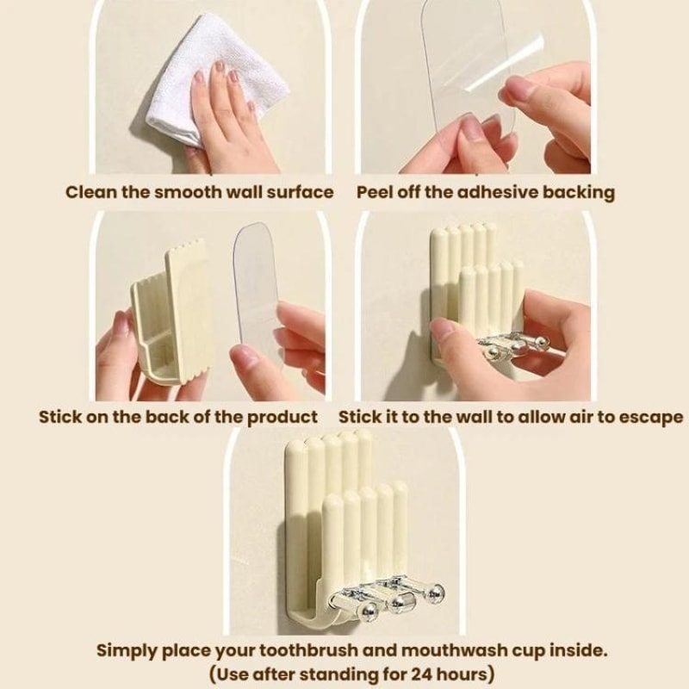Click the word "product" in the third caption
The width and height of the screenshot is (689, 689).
tap(282, 418)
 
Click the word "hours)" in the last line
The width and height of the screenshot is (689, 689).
tap(466, 674)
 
